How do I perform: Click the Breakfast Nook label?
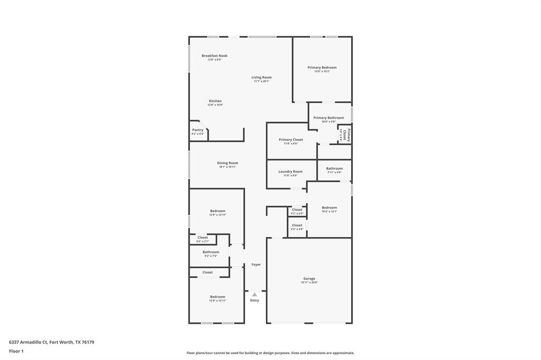point(214,56)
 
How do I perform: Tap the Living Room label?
point(262,78)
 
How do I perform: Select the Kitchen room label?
point(215,101)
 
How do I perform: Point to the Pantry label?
point(198,130)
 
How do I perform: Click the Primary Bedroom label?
point(322,68)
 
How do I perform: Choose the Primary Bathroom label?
point(329,118)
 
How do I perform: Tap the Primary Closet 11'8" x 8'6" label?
point(291,140)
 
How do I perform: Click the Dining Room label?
point(227,163)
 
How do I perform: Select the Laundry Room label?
point(291,172)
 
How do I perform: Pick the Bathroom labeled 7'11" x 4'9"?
point(334,168)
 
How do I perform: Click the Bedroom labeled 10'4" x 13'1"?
point(329,207)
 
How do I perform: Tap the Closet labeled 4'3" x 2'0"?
point(297,210)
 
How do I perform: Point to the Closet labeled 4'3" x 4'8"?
point(297,225)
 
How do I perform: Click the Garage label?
point(309,279)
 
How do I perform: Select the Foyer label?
point(256,264)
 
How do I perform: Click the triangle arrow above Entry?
point(255,295)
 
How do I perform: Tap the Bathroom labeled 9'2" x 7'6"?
point(211,252)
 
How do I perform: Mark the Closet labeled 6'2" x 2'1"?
point(203,238)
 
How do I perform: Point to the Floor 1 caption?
point(17,351)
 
